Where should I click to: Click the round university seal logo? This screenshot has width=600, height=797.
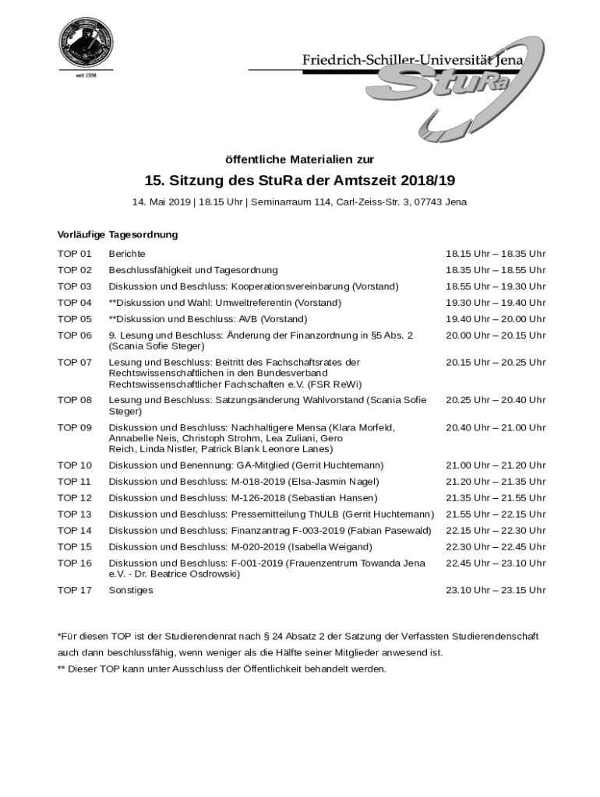86,44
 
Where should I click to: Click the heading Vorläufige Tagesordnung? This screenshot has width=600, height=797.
118,234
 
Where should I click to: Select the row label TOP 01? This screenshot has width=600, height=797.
74,254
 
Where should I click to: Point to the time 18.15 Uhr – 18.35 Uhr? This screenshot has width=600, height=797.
496,254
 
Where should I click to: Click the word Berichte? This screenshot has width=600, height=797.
127,254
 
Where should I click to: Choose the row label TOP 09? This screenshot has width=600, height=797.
74,427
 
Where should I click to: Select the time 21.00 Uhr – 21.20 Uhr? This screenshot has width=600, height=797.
496,465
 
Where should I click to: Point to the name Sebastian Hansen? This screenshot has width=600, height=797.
334,498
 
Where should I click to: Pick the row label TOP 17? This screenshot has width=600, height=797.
74,590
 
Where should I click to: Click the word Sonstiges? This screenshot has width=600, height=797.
131,590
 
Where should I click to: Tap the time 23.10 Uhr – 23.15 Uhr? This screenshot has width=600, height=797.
496,590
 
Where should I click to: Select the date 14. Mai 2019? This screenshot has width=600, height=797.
161,202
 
